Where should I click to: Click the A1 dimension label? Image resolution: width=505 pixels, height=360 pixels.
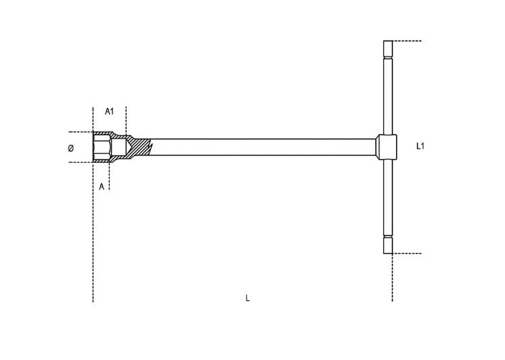pyautogui.click(x=110, y=111)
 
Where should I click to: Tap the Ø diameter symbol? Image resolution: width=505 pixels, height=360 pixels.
pyautogui.click(x=71, y=148)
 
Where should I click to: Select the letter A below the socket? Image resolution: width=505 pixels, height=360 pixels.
pyautogui.click(x=102, y=186)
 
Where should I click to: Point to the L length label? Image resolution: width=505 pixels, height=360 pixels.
pyautogui.click(x=248, y=298)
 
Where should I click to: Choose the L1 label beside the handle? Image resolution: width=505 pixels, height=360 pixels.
pyautogui.click(x=420, y=147)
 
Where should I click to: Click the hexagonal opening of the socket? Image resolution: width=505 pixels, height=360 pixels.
pyautogui.click(x=102, y=147)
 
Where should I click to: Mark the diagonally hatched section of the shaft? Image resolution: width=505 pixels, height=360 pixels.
pyautogui.click(x=139, y=147)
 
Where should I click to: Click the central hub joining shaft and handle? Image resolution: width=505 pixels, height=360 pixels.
pyautogui.click(x=386, y=147)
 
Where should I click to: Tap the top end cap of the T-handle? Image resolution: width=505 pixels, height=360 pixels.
pyautogui.click(x=388, y=49)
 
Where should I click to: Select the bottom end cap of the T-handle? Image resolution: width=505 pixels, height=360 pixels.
pyautogui.click(x=388, y=245)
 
